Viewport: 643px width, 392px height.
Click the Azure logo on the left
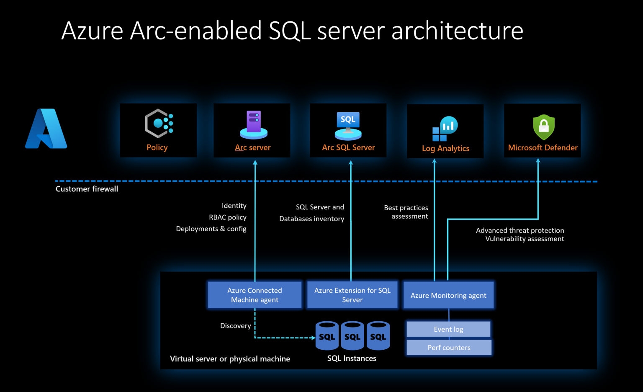46,129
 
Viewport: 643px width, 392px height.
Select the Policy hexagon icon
159,124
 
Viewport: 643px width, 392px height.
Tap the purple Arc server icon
254,124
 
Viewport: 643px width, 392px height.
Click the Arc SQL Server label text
348,147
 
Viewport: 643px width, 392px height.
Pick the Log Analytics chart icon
445,128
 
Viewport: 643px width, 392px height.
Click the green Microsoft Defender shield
543,127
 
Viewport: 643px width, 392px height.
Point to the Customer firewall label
87,189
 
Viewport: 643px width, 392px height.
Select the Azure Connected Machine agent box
255,295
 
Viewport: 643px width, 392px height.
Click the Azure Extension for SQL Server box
352,295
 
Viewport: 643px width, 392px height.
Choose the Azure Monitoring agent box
448,295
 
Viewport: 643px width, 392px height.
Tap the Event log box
448,329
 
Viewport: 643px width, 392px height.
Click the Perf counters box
449,348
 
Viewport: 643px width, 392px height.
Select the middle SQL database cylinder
352,336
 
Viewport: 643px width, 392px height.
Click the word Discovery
236,326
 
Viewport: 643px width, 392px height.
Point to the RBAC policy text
227,217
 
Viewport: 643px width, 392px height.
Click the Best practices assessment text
406,212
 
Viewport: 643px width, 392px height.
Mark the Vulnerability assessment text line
525,239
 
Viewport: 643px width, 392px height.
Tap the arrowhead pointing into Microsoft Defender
538,161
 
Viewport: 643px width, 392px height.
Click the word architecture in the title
457,31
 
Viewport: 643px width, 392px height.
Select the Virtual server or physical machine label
230,359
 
